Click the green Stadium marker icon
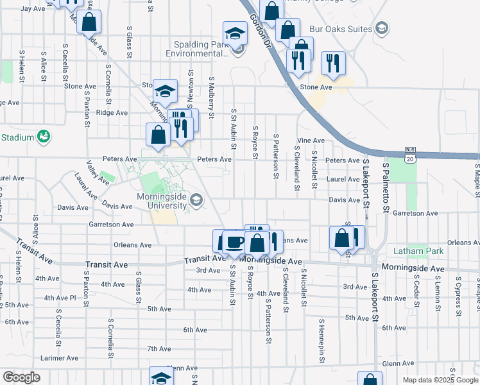pos(44,137)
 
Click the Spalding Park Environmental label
pos(201,49)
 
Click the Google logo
pos(21,377)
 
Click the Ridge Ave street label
pos(112,112)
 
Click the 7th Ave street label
pos(158,349)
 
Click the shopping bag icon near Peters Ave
pos(158,135)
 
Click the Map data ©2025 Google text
pos(440,380)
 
